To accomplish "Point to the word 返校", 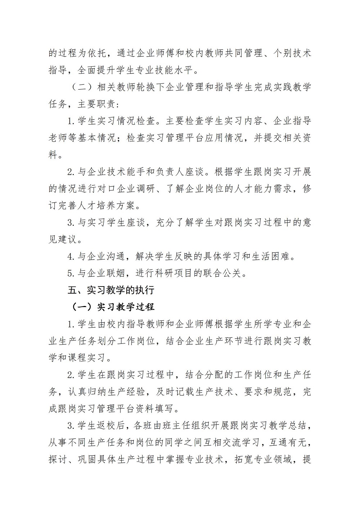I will pos(116,425).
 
